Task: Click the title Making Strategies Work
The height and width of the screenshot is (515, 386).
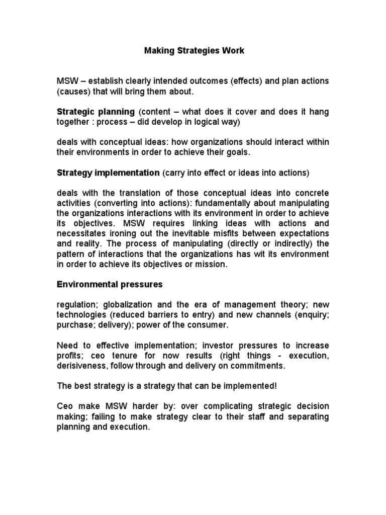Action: (195, 51)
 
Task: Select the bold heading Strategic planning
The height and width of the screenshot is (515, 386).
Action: (95, 111)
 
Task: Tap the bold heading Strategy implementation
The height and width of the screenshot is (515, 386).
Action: (108, 173)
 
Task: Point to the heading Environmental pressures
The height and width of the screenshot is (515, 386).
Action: (109, 284)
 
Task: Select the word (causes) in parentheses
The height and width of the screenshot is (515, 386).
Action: (73, 92)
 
